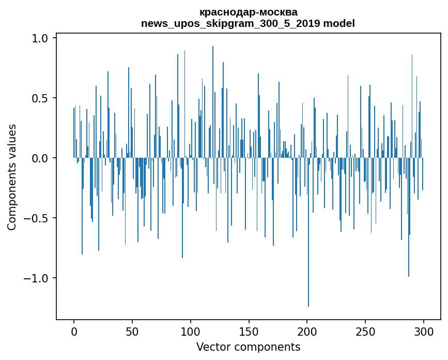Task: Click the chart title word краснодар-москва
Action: [x=248, y=12]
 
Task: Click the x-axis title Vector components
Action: [x=248, y=347]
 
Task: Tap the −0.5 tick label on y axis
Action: [x=37, y=218]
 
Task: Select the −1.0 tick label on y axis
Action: [x=37, y=278]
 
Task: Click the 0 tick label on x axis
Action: [x=74, y=331]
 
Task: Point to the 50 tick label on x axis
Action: [x=132, y=331]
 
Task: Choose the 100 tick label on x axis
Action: [x=191, y=331]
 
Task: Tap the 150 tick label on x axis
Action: [x=249, y=331]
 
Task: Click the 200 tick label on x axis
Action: [x=307, y=331]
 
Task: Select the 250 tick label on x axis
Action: [x=366, y=331]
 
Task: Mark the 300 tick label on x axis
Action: [x=424, y=331]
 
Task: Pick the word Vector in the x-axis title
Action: [x=212, y=347]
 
